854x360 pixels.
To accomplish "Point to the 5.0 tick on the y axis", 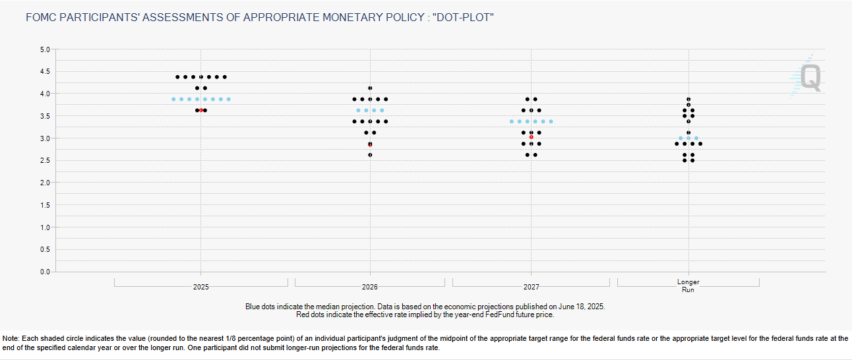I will coord(44,49).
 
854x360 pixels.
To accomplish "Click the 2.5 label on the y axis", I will coord(44,160).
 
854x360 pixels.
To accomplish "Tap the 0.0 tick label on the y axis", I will coord(44,272).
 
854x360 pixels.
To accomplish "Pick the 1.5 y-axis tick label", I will coord(44,205).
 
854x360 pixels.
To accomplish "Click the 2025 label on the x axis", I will coord(201,287).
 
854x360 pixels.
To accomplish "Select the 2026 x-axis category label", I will coord(370,287).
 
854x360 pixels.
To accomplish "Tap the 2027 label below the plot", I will coord(532,287).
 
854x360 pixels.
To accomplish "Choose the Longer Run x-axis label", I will coord(688,285).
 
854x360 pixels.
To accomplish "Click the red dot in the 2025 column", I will coord(200,110).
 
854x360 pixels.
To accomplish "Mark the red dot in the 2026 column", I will coord(370,144).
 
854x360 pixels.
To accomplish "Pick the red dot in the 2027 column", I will coord(532,137).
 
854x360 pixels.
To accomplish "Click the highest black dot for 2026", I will coord(370,88).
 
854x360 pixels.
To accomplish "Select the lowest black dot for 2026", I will coord(370,155).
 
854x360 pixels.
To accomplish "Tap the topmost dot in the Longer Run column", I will coord(688,99).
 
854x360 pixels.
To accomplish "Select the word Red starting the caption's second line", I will coord(303,315).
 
